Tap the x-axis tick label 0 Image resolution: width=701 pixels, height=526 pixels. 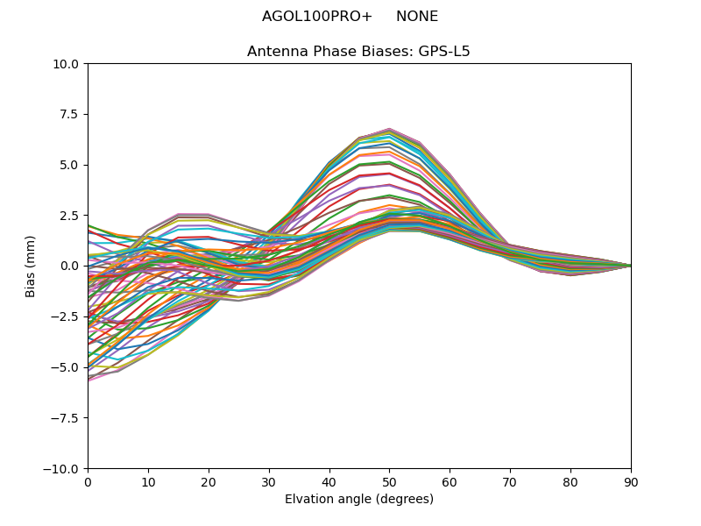pos(88,482)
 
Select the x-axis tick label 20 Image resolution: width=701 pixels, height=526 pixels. pos(209,482)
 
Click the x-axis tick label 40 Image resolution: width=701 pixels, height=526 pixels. pos(329,482)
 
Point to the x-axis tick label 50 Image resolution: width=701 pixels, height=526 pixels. pos(389,482)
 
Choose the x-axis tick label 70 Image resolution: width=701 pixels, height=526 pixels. pos(510,482)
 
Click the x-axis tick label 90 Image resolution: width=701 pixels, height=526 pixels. pos(631,482)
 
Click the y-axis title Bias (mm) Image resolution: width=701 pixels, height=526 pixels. pos(32,266)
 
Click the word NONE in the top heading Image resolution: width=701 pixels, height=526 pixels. pos(417,17)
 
